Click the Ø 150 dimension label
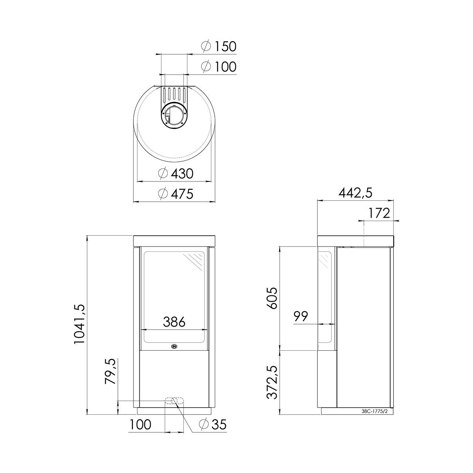pyautogui.click(x=218, y=47)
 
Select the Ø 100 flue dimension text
pyautogui.click(x=218, y=67)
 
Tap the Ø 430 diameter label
pyautogui.click(x=176, y=174)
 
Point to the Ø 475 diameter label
pyautogui.click(x=176, y=194)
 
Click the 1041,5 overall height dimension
pyautogui.click(x=79, y=324)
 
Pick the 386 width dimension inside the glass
pyautogui.click(x=174, y=322)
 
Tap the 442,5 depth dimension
pyautogui.click(x=355, y=193)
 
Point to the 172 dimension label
pyautogui.click(x=379, y=213)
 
